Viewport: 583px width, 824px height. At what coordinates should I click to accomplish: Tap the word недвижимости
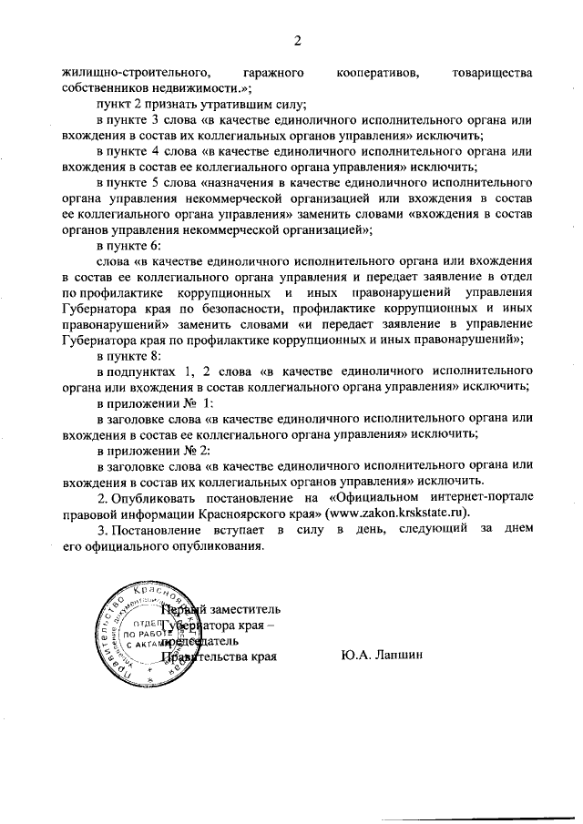[203, 88]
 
